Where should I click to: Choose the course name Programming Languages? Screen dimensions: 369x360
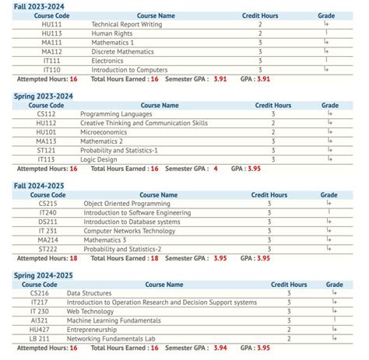click(116, 114)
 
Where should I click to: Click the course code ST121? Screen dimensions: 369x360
click(46, 150)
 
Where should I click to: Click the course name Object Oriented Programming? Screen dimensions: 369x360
click(127, 204)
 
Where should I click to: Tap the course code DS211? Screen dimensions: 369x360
click(48, 222)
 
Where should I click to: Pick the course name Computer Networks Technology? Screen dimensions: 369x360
click(130, 231)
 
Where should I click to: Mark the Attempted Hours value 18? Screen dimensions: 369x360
click(73, 258)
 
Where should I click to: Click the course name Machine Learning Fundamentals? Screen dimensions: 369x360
click(114, 320)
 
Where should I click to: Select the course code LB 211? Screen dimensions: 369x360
click(40, 339)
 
